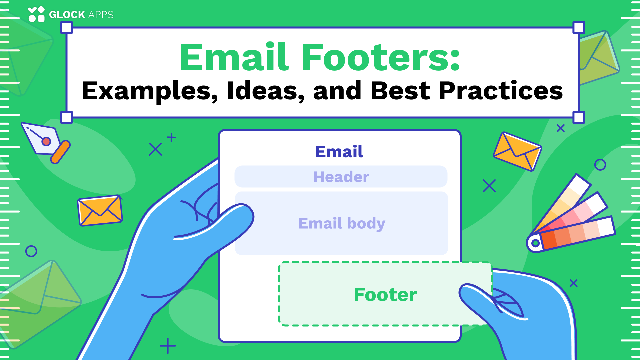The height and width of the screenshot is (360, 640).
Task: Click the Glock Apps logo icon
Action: click(36, 14)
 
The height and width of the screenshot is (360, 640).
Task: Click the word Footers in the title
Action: click(381, 57)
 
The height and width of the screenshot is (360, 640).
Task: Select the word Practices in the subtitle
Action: click(501, 91)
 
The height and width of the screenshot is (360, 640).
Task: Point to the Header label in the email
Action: click(341, 177)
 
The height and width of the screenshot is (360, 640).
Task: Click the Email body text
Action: click(342, 223)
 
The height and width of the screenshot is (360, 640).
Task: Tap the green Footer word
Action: click(385, 295)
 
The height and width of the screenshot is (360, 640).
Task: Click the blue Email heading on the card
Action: click(339, 152)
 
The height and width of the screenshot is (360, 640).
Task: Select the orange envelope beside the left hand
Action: click(100, 210)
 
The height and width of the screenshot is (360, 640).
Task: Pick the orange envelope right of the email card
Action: click(517, 151)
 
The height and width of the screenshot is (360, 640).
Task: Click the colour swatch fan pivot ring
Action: click(535, 243)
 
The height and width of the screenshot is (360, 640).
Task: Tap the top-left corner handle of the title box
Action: click(67, 28)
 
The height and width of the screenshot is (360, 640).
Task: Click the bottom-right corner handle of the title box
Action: click(579, 117)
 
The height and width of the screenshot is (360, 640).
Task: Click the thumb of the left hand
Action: click(227, 220)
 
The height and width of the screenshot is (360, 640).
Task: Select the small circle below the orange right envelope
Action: click(600, 165)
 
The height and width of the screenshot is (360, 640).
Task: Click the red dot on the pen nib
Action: click(46, 142)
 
